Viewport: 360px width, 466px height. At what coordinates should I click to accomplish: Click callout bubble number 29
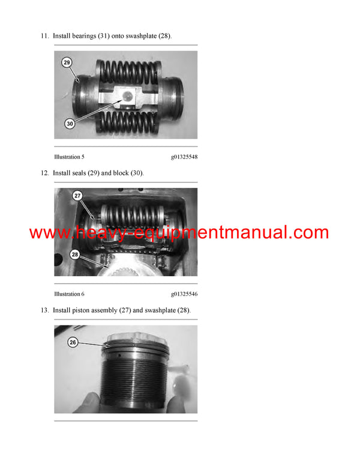pos(67,62)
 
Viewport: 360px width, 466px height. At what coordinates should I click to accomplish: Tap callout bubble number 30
pos(70,123)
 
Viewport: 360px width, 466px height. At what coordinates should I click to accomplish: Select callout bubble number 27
pos(77,195)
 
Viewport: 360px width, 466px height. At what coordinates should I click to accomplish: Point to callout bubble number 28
pos(76,254)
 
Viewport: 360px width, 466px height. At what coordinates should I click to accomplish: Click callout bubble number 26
pos(73,342)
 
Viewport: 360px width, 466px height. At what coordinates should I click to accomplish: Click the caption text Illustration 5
pos(69,157)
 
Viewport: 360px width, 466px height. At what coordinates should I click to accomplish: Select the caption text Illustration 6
pos(69,294)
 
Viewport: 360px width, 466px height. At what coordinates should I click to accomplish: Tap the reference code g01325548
pos(184,157)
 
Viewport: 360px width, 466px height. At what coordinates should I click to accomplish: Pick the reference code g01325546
pos(184,294)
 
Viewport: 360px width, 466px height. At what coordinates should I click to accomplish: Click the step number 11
pos(44,36)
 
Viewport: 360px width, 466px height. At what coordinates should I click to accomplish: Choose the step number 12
pos(44,173)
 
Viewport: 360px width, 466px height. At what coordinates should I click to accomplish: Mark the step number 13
pos(44,310)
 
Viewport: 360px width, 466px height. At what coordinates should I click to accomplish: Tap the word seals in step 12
pos(80,173)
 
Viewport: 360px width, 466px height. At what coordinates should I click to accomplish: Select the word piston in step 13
pos(81,310)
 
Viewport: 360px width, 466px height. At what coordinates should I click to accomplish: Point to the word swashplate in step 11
pos(141,36)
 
